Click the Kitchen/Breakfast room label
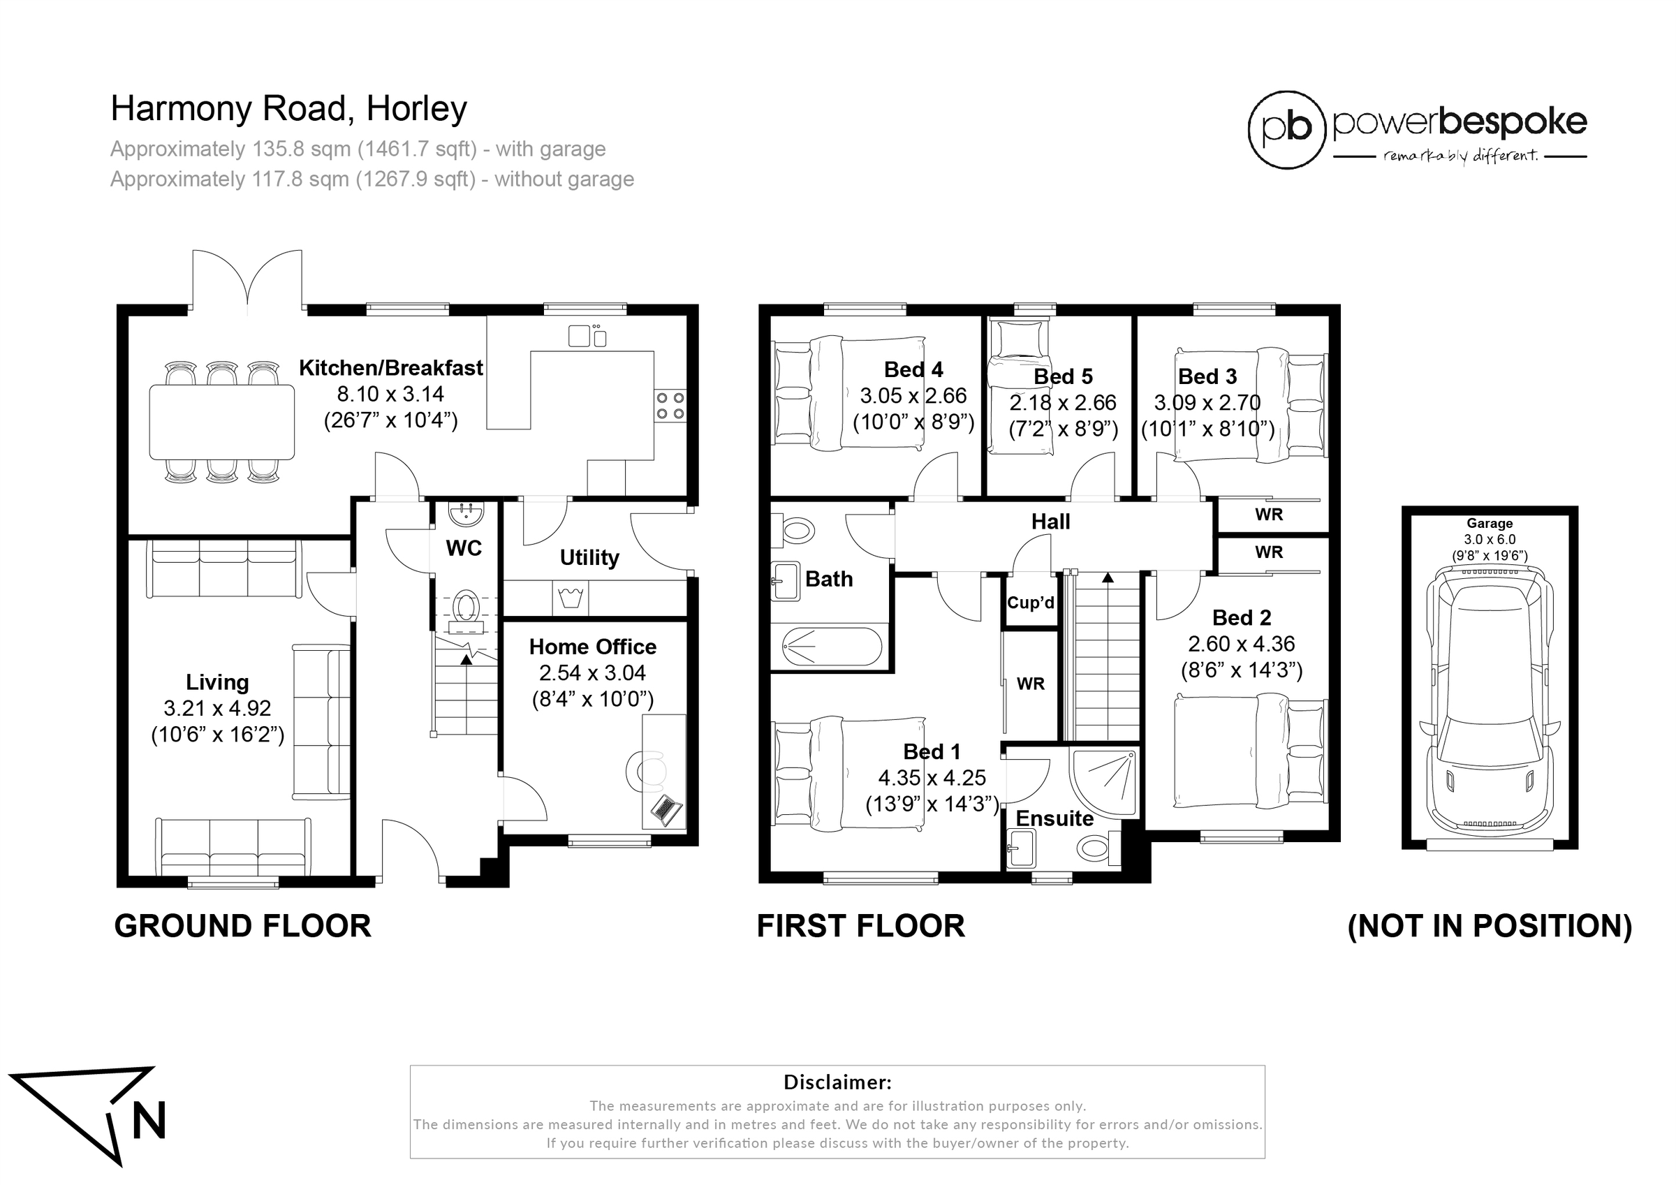coord(390,368)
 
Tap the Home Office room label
coord(593,647)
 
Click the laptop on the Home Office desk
coord(666,810)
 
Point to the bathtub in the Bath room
coord(832,646)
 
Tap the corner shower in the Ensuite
coord(1103,781)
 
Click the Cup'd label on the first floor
coord(1031,603)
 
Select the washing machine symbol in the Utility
coord(570,598)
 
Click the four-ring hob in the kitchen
coord(670,406)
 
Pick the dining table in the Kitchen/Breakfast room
coord(222,422)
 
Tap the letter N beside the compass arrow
coord(148,1119)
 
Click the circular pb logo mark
coord(1286,130)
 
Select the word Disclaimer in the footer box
coord(837,1082)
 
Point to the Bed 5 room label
coord(1063,377)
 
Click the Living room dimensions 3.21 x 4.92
coord(217,708)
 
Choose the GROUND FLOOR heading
coord(243,926)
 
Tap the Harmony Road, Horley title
coord(289,109)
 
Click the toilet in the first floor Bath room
coord(793,529)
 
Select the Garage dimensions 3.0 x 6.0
coord(1490,540)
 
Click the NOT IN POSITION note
coord(1490,926)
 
